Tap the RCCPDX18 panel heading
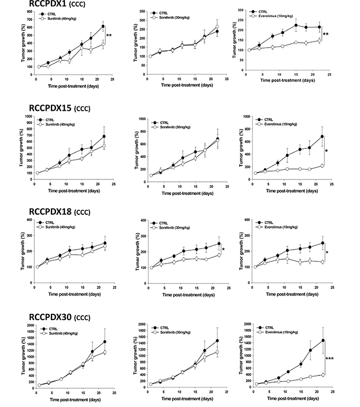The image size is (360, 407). [53, 209]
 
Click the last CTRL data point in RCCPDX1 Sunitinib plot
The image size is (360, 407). [103, 26]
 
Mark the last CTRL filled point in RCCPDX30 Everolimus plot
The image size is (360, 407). [321, 341]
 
